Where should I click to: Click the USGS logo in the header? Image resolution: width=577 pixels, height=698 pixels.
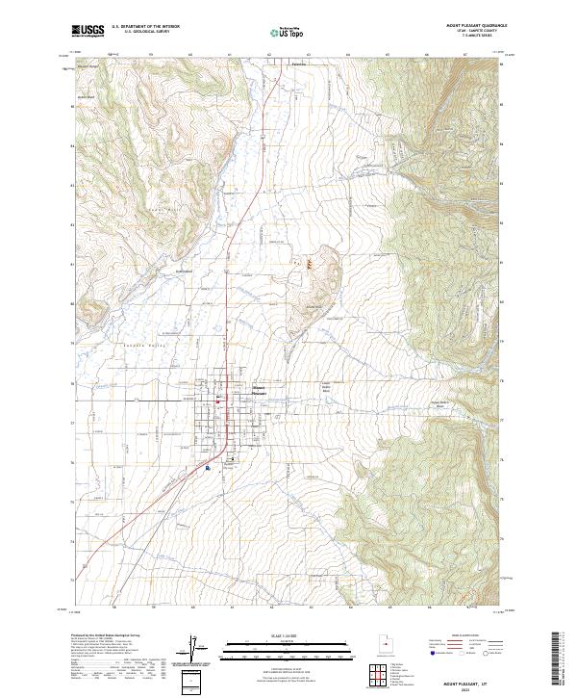[88, 31]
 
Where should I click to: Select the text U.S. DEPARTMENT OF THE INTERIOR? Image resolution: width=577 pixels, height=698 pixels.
[145, 27]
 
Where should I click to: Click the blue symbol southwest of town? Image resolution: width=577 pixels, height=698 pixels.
[208, 468]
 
